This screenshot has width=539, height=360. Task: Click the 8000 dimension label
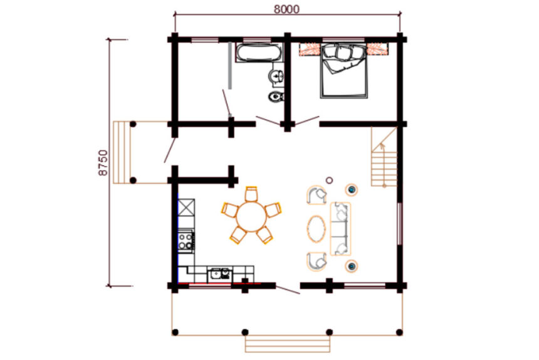[286, 9]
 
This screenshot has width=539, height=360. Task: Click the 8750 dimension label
[103, 162]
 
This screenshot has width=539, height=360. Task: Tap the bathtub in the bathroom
[259, 53]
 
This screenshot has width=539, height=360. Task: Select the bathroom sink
[276, 76]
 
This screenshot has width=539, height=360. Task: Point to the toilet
[276, 97]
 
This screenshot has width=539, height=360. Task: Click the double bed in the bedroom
[343, 70]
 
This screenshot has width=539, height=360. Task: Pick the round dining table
[251, 216]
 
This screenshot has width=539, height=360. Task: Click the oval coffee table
[317, 229]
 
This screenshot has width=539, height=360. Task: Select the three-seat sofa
[340, 229]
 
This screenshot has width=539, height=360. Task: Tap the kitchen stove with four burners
[186, 241]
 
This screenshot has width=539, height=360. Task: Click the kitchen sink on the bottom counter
[219, 274]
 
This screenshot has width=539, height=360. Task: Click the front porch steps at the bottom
[288, 344]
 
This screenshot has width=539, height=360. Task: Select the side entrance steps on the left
[122, 152]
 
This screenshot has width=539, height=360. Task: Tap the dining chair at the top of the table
[251, 194]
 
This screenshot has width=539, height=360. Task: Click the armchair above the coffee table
[317, 195]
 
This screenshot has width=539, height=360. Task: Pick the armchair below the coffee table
[317, 262]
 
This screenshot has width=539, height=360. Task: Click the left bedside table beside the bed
[310, 49]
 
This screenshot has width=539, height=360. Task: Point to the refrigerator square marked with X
[186, 208]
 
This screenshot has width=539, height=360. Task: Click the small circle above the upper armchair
[329, 180]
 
